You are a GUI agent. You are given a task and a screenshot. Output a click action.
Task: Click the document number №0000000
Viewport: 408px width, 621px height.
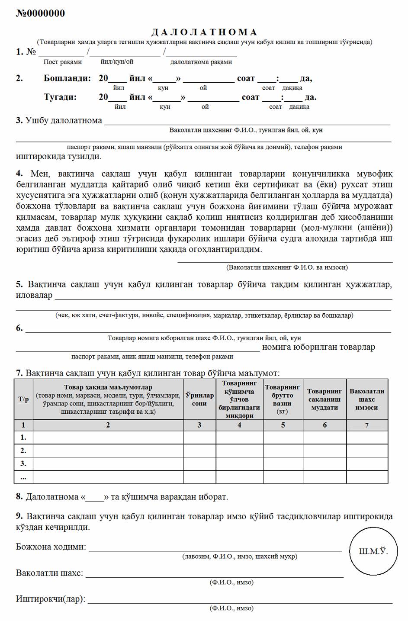[x=40, y=13]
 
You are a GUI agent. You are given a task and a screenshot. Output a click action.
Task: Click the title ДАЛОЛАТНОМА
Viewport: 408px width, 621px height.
[x=204, y=32]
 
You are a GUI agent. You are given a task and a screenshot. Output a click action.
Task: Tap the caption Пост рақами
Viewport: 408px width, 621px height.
[x=63, y=62]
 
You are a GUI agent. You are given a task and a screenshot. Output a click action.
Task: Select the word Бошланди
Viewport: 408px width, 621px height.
[x=67, y=79]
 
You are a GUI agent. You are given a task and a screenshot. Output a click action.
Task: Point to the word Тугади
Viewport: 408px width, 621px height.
[x=60, y=97]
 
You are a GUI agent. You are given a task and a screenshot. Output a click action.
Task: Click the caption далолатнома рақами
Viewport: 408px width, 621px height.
[x=201, y=62]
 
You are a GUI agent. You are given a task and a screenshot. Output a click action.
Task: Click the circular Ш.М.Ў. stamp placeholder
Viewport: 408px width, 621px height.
[x=373, y=551]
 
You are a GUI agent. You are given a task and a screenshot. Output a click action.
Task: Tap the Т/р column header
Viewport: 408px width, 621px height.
[x=23, y=399]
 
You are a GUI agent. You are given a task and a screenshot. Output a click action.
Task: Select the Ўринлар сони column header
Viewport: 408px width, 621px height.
[x=199, y=399]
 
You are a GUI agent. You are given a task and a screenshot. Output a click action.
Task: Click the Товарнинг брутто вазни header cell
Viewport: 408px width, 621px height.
[x=283, y=399]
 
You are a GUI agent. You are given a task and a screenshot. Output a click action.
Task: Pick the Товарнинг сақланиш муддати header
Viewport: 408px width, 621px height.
[x=324, y=399]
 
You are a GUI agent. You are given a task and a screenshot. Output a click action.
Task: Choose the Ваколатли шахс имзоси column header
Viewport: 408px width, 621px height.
[x=367, y=399]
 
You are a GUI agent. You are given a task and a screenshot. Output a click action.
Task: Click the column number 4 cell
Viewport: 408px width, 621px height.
[x=239, y=425]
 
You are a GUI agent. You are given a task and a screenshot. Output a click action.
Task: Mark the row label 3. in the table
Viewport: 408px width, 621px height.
[x=23, y=463]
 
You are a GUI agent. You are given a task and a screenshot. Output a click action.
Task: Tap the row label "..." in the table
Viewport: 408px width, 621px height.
[x=23, y=477]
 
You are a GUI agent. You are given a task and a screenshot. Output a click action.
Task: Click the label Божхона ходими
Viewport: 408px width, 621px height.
[x=51, y=547]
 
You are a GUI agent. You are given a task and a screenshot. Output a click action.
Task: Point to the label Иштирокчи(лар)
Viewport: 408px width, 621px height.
[x=51, y=599]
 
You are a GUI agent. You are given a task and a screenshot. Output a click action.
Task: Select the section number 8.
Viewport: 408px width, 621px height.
[x=19, y=496]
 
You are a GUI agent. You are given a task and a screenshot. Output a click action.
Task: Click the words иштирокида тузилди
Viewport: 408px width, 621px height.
[x=59, y=157]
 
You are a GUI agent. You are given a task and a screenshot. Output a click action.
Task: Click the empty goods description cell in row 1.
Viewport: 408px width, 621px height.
[x=108, y=438]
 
